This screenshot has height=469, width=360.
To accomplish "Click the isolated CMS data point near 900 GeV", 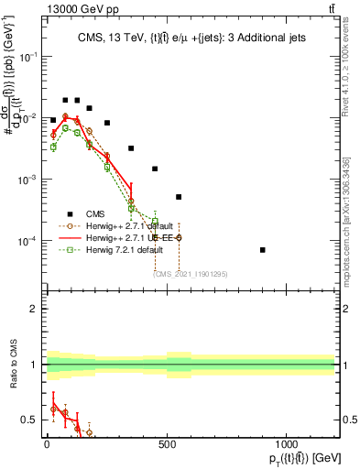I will click(x=289, y=250).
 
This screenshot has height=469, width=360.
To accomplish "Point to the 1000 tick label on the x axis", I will click(x=287, y=446).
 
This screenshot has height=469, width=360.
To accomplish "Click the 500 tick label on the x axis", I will click(x=167, y=446).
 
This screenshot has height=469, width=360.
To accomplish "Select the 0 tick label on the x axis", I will click(x=47, y=446).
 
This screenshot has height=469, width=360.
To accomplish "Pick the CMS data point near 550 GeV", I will click(x=179, y=197).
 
